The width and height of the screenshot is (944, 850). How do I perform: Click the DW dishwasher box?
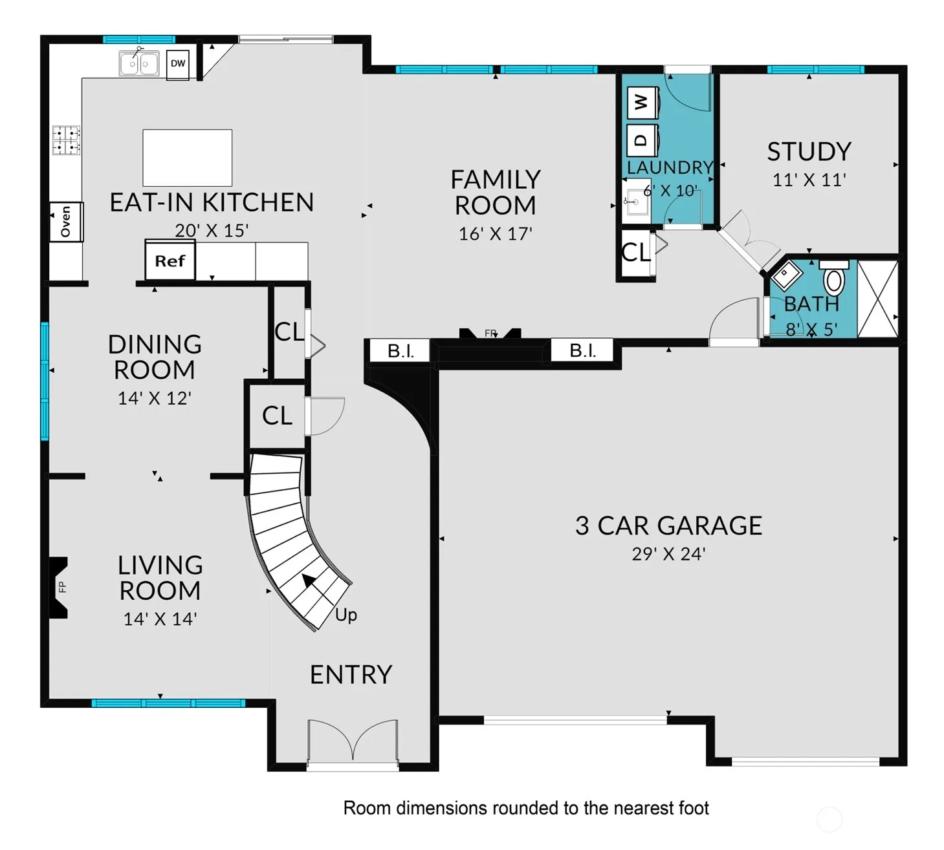178,64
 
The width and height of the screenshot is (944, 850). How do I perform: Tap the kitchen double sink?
139,63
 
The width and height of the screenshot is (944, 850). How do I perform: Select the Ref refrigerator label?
170,261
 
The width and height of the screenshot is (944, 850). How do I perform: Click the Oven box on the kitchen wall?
67,222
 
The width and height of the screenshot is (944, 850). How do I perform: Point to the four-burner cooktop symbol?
66,140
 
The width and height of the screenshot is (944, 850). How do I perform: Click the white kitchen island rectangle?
187,158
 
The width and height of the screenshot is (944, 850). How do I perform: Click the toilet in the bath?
834,277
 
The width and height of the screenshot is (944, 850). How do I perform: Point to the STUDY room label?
809,151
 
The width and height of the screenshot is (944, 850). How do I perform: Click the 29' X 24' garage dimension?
668,554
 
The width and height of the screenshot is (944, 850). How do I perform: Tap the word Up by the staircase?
346,615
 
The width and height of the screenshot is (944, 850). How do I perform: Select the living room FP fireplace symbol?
59,587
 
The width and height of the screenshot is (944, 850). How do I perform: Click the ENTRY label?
351,675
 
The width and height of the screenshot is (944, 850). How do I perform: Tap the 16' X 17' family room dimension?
495,233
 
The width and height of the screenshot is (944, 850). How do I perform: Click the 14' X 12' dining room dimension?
155,398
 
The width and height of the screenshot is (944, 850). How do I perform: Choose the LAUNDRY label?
670,167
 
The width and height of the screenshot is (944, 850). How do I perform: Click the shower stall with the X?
878,299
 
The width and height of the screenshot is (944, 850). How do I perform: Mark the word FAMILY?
496,180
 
